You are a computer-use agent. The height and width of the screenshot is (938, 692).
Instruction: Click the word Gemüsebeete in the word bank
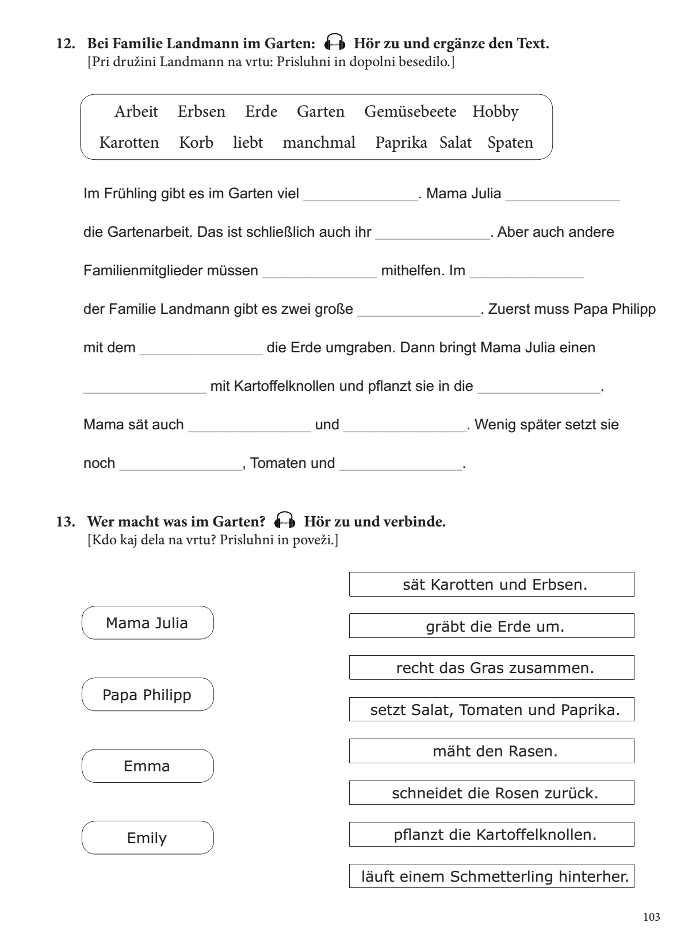coord(410,112)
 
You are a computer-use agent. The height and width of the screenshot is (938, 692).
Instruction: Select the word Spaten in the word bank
coord(510,143)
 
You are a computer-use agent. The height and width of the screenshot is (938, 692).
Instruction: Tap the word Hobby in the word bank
coord(495,112)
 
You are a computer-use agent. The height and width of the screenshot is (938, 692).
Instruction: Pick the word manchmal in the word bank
coord(319,143)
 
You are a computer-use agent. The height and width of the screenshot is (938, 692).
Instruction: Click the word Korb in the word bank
coord(196,143)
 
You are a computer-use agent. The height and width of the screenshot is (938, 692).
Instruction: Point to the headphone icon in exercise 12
coord(335,43)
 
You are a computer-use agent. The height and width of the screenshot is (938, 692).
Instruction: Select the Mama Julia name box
coord(147,623)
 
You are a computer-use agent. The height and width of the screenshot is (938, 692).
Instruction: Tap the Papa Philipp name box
coord(147,694)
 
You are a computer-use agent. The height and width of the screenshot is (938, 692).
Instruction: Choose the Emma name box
coord(147,766)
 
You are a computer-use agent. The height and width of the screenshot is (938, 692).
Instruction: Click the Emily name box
coord(147,838)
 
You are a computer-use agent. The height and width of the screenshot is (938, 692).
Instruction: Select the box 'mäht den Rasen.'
coord(492,751)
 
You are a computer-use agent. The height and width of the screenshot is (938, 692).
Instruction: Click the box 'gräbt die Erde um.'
coord(492,626)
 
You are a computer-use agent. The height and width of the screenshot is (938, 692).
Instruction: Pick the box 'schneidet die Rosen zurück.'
coord(492,793)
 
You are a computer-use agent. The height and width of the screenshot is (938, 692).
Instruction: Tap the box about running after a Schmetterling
coord(492,877)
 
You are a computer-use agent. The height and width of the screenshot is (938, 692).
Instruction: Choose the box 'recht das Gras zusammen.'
coord(492,668)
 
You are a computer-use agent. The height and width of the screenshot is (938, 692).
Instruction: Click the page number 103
coord(651,917)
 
